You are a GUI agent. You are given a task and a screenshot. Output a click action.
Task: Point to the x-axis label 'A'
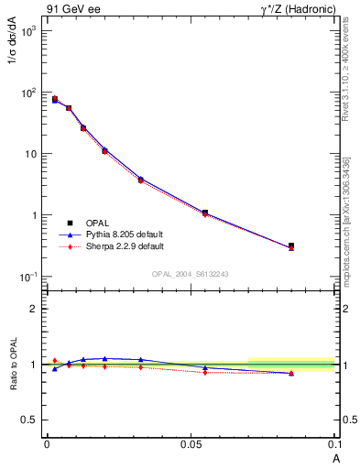335,456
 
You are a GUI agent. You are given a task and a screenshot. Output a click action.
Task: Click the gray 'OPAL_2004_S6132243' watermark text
191,275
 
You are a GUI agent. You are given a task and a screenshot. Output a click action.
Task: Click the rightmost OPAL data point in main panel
291,245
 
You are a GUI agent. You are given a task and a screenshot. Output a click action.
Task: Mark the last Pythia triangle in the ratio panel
291,373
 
